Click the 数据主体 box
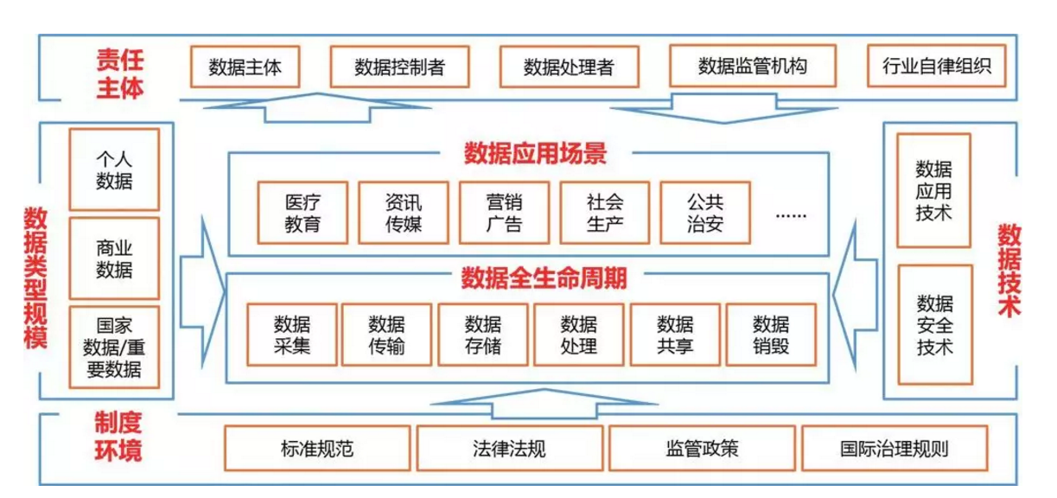245,67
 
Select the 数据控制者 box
399,67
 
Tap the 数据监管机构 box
752,66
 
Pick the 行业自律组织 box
937,66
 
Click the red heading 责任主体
120,73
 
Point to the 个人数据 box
114,169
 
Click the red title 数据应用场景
535,154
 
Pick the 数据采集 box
292,335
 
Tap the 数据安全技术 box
934,325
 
